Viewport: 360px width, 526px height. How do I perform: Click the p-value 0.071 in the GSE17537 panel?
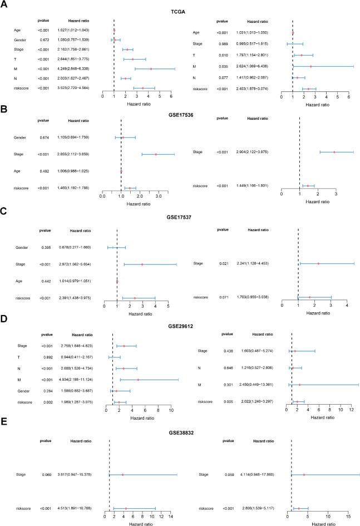click(x=222, y=297)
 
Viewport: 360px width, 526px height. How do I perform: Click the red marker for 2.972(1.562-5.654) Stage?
click(x=142, y=265)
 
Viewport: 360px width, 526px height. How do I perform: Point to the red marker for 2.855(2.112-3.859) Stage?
click(x=156, y=154)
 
